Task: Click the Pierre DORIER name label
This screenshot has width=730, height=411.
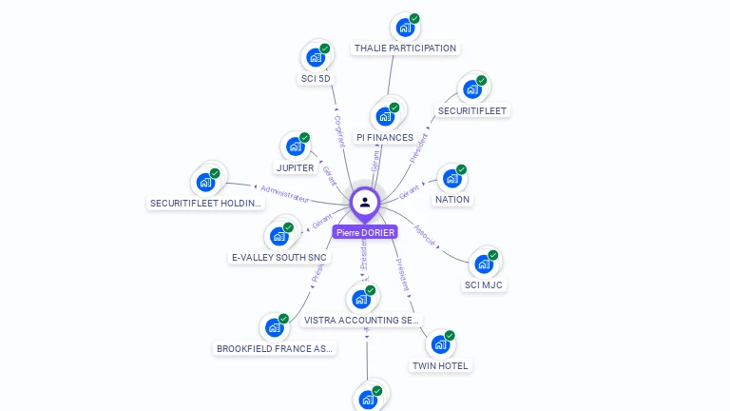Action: pyautogui.click(x=365, y=231)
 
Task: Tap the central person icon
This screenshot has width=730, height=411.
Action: pyautogui.click(x=365, y=202)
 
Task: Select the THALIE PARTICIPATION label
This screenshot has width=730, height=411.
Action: pyautogui.click(x=405, y=48)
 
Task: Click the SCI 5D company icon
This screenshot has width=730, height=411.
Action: pyautogui.click(x=316, y=57)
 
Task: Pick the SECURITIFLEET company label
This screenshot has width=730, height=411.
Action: pyautogui.click(x=473, y=110)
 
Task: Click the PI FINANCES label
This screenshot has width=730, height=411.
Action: pyautogui.click(x=385, y=137)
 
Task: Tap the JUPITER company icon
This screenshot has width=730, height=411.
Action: pyautogui.click(x=296, y=147)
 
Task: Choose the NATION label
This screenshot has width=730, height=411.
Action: pyautogui.click(x=452, y=200)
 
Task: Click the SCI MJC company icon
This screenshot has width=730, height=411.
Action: pyautogui.click(x=484, y=264)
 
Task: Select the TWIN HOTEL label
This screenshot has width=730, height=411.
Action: pyautogui.click(x=440, y=365)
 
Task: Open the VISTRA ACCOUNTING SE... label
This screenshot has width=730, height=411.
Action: pyautogui.click(x=361, y=321)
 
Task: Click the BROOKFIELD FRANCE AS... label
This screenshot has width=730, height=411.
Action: pyautogui.click(x=276, y=348)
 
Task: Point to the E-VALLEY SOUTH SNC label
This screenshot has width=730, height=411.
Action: pyautogui.click(x=279, y=257)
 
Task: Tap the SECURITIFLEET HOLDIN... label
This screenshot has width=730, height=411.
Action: pyautogui.click(x=205, y=203)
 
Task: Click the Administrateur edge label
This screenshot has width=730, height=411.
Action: pyautogui.click(x=285, y=193)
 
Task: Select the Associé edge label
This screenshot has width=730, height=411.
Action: pyautogui.click(x=425, y=235)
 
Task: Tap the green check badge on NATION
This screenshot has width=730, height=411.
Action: pyautogui.click(x=462, y=170)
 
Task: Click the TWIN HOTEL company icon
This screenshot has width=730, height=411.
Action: pyautogui.click(x=440, y=343)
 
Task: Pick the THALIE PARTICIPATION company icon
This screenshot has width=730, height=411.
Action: pyautogui.click(x=406, y=28)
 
